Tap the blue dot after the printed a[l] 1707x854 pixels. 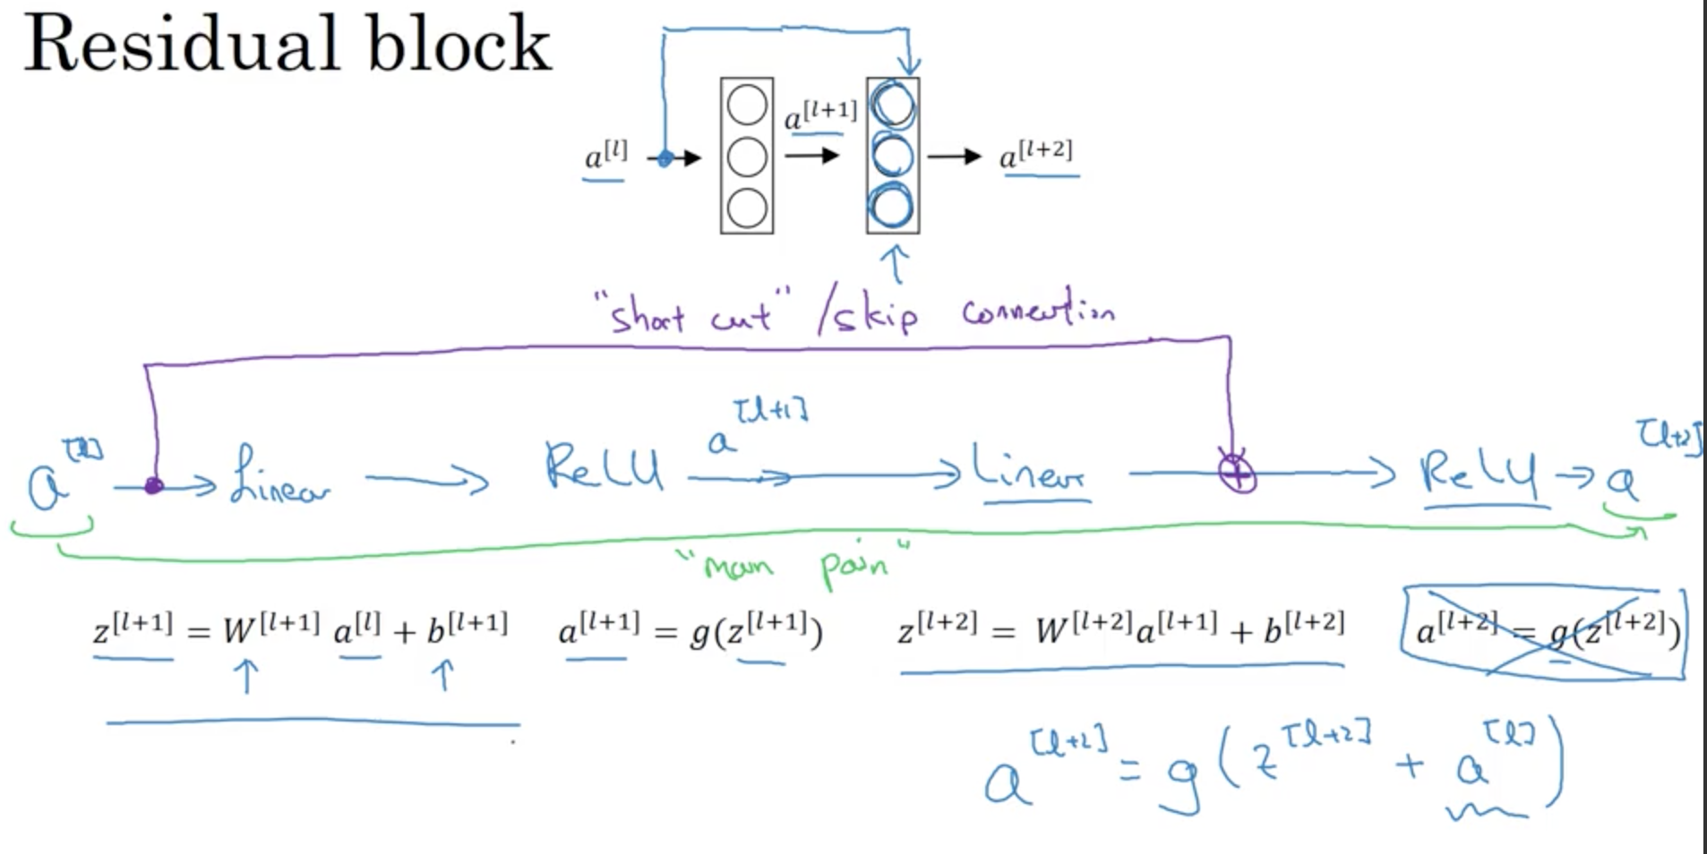(665, 159)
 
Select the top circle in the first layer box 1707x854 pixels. (747, 105)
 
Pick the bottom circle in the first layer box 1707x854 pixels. (747, 209)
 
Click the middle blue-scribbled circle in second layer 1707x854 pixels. (892, 157)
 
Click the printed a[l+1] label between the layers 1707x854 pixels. (819, 115)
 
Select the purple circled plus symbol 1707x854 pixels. (1237, 472)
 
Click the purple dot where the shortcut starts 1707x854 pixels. (154, 486)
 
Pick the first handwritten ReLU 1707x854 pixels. (604, 466)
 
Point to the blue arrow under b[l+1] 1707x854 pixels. (443, 676)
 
